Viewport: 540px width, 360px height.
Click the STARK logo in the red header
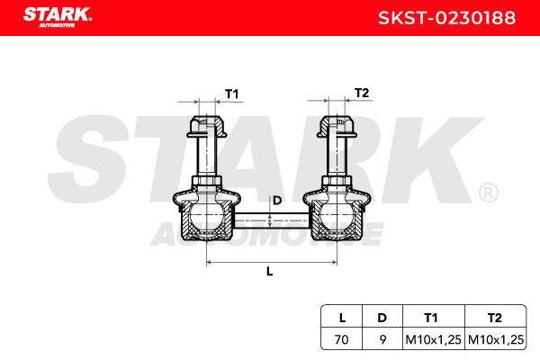(58, 17)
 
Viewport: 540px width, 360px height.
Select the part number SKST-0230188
(446, 18)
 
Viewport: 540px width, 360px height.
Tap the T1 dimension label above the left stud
(232, 94)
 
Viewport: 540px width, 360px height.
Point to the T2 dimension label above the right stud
(362, 93)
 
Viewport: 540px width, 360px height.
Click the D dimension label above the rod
(277, 200)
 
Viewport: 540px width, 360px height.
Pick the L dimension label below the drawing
(270, 272)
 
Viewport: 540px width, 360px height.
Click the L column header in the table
(342, 318)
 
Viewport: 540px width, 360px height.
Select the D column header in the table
(382, 318)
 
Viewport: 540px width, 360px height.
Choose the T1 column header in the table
(431, 318)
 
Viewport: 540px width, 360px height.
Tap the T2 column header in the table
(494, 318)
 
